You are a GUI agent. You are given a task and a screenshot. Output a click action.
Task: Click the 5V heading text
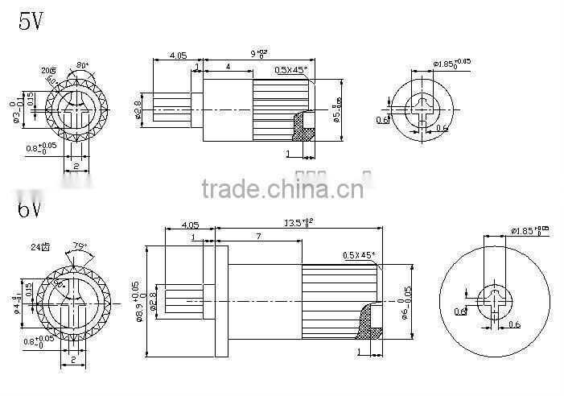click(x=31, y=20)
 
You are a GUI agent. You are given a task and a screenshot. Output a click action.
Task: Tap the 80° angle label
click(x=83, y=64)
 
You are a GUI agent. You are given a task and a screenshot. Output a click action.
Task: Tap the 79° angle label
click(x=80, y=246)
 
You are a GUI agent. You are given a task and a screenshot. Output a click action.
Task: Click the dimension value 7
click(x=257, y=237)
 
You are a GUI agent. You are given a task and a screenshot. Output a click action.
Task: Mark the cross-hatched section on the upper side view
click(x=304, y=126)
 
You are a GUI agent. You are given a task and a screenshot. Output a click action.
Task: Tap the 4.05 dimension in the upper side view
click(x=178, y=56)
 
